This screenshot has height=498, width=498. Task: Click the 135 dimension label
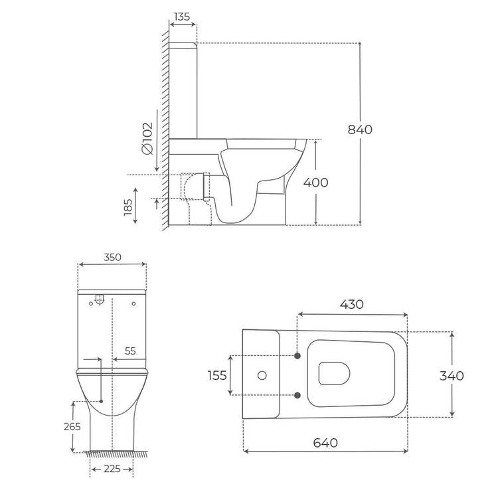[182, 17]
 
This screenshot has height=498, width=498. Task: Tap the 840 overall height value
[360, 129]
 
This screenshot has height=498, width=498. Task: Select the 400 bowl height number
[315, 183]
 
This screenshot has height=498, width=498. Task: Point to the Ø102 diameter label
[147, 138]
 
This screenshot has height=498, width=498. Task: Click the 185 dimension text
[128, 207]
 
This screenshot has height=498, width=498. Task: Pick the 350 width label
[112, 257]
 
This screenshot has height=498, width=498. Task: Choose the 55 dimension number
[130, 351]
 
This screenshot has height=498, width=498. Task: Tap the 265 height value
[72, 426]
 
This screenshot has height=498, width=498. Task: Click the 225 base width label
[112, 469]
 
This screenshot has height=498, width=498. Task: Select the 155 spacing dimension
[217, 375]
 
